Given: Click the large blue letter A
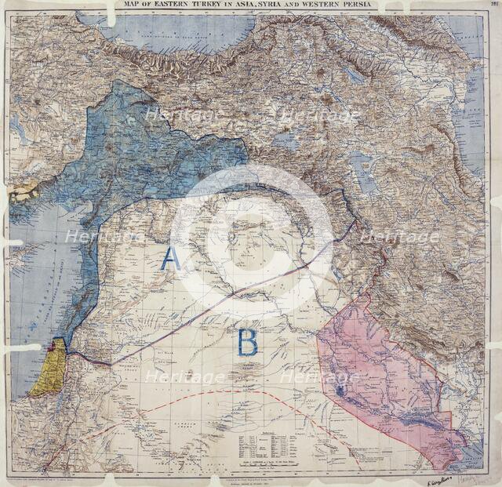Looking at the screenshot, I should tap(170, 258).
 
